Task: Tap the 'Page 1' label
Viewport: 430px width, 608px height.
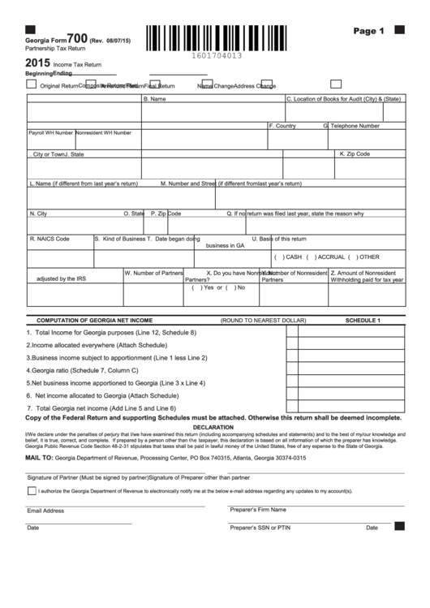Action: (368, 31)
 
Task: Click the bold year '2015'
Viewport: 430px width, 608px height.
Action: (38, 62)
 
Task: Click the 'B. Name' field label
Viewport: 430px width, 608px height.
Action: (154, 99)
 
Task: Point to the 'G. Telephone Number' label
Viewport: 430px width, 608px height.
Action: (351, 126)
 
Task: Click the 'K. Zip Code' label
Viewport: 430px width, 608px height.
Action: (355, 153)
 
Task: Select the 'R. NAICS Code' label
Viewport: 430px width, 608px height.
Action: (49, 239)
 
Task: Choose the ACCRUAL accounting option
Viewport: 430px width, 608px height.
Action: (321, 256)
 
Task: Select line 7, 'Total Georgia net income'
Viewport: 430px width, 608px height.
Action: (101, 407)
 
